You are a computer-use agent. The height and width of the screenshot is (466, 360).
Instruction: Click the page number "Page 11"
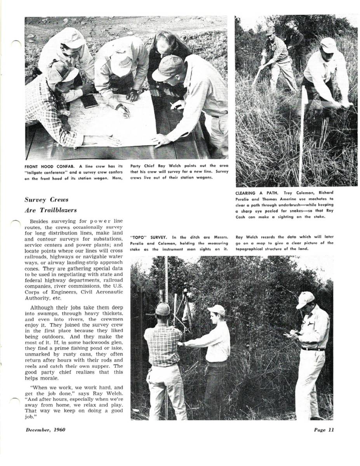[324, 429]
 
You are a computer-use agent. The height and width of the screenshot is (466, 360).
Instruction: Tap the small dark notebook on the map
[89, 101]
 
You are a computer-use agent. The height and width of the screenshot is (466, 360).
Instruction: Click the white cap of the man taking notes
[305, 299]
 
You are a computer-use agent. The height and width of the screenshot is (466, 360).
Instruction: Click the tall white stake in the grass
[301, 136]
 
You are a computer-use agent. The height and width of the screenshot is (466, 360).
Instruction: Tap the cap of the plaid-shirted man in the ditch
[162, 309]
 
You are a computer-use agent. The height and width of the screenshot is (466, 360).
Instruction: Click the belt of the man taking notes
[313, 349]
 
